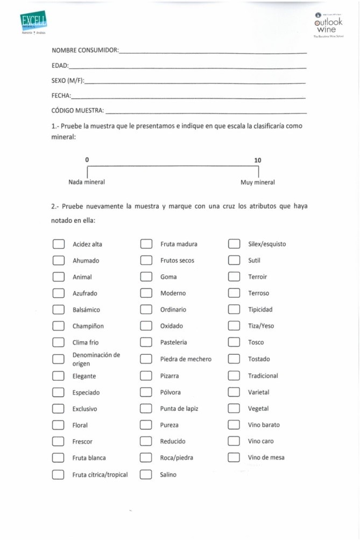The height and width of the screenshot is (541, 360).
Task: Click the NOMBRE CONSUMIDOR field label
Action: click(x=85, y=50)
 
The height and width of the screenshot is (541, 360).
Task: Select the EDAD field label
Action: click(x=60, y=66)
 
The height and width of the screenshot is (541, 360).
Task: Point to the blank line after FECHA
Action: click(x=188, y=98)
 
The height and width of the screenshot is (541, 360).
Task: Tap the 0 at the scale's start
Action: click(x=87, y=160)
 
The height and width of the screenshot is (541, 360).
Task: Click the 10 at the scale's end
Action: click(x=258, y=160)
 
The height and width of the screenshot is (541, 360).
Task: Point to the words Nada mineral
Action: click(x=87, y=182)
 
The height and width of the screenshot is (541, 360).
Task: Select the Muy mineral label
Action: click(x=257, y=182)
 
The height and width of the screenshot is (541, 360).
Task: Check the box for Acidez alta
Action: click(x=58, y=244)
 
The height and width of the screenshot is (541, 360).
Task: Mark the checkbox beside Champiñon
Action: click(x=58, y=326)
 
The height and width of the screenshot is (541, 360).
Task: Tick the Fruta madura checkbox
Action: click(x=146, y=244)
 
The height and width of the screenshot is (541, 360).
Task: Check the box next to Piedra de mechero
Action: click(x=146, y=359)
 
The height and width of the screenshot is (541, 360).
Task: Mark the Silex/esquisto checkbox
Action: click(x=234, y=244)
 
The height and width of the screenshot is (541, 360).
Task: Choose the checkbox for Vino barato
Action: click(x=234, y=425)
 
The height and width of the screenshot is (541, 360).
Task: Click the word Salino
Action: click(x=168, y=475)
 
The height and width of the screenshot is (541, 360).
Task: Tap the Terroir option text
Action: click(x=257, y=277)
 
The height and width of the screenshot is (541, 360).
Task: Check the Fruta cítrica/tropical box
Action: click(x=58, y=475)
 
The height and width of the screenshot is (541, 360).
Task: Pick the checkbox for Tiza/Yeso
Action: click(x=234, y=326)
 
